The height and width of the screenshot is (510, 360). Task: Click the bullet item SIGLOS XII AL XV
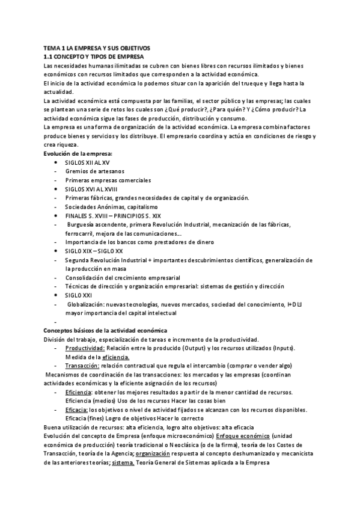[87, 162]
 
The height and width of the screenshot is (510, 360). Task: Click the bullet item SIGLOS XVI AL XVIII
[91, 189]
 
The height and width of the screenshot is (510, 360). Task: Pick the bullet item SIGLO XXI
[78, 295]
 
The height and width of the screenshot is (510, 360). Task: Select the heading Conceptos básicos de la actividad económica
[105, 331]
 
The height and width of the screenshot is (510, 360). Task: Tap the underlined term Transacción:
[82, 366]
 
